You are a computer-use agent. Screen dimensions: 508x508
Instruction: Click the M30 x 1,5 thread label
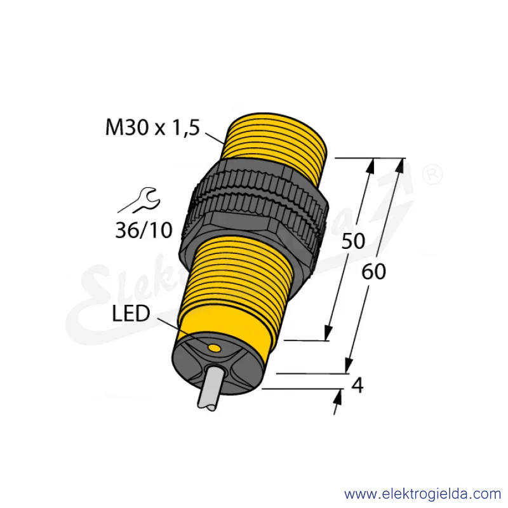point(152,128)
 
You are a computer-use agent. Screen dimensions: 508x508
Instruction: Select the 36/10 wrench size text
point(144,231)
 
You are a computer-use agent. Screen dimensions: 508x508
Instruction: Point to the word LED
point(131,313)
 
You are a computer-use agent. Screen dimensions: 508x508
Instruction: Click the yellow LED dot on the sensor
point(214,348)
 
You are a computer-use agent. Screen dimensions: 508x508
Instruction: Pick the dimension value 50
point(353,241)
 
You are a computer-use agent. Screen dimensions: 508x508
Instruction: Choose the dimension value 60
point(373,272)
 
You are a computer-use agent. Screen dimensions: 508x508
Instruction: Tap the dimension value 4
point(358,385)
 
